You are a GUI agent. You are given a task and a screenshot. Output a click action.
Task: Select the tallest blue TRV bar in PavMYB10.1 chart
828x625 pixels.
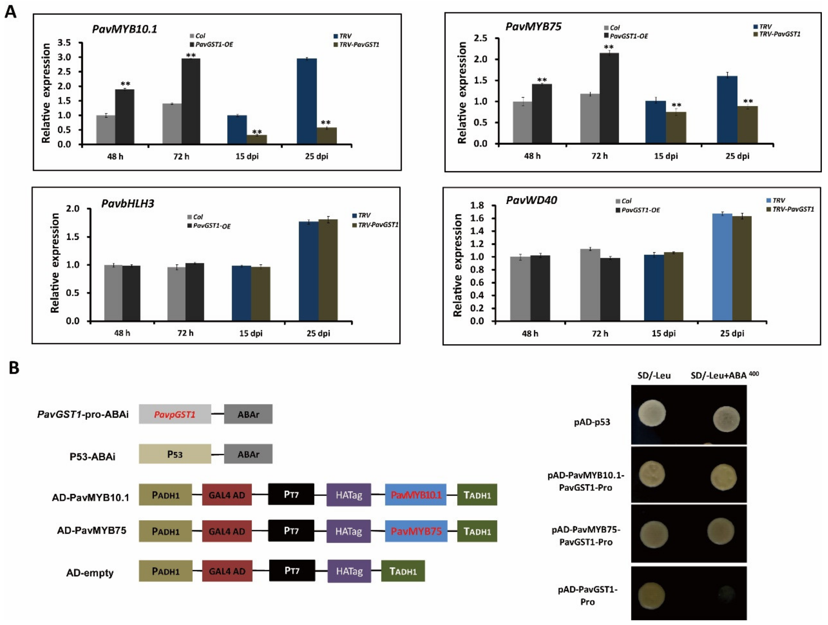click(307, 101)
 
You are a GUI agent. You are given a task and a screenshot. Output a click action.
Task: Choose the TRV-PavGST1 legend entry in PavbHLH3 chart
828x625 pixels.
click(375, 225)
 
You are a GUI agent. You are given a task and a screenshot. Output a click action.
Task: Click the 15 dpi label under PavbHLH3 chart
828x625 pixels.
click(251, 333)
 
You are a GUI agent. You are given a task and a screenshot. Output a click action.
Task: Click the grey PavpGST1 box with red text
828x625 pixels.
click(175, 414)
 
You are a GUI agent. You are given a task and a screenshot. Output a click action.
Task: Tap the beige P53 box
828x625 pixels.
click(175, 454)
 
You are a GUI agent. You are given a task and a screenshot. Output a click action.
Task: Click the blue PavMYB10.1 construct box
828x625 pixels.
click(416, 495)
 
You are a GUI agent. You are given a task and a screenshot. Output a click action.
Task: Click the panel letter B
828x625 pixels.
click(14, 368)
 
